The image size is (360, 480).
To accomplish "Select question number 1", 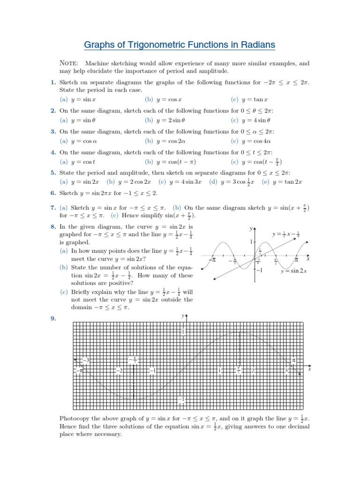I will point(53,82).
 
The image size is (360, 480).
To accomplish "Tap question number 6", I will point(53,193).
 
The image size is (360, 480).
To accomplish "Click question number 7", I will point(53,208).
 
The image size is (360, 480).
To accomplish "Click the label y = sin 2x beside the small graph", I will point(293,271).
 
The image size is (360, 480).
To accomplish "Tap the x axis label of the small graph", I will point(308,258).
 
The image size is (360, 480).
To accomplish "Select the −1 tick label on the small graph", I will point(259,270).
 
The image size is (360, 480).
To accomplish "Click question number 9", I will point(53,319).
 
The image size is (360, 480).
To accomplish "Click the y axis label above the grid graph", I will point(183,316).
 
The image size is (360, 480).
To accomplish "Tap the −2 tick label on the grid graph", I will point(119,371).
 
